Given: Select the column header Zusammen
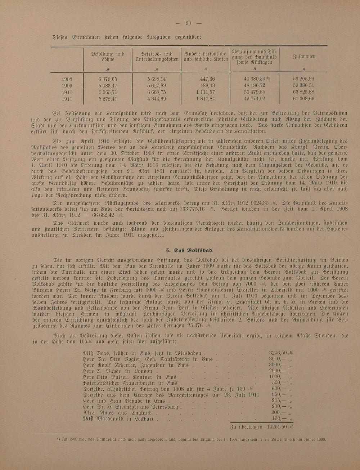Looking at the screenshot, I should tap(304, 57).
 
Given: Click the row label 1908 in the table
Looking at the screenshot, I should tap(67, 79).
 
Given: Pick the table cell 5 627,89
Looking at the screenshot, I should tap(156, 86).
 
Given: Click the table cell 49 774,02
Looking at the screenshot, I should tap(254, 99).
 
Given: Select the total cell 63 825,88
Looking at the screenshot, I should tap(303, 92).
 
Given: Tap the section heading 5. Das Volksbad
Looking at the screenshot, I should tap(189, 250).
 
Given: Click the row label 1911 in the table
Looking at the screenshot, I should tap(67, 99).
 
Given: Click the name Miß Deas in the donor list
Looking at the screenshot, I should tap(95, 353).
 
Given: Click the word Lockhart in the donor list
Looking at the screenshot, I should tap(144, 419).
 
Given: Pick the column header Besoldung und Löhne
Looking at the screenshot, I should tap(107, 57).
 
